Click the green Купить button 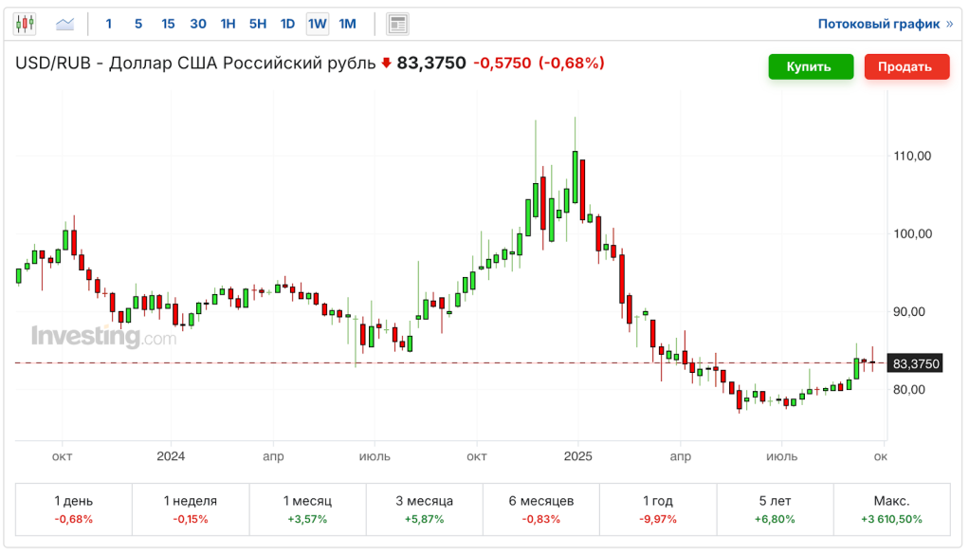pyautogui.click(x=808, y=66)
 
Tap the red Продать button pyautogui.click(x=905, y=66)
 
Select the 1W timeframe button pyautogui.click(x=318, y=24)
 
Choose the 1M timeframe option pyautogui.click(x=348, y=24)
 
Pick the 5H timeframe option pyautogui.click(x=258, y=24)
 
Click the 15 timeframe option pyautogui.click(x=168, y=24)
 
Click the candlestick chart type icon pyautogui.click(x=25, y=24)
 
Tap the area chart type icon pyautogui.click(x=65, y=24)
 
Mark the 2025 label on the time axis pyautogui.click(x=577, y=456)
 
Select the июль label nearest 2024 pyautogui.click(x=374, y=456)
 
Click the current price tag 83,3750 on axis pyautogui.click(x=915, y=363)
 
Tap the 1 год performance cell pyautogui.click(x=658, y=510)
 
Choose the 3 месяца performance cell pyautogui.click(x=424, y=510)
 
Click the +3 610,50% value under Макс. pyautogui.click(x=890, y=519)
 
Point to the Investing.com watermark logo pyautogui.click(x=103, y=337)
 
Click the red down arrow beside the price pyautogui.click(x=386, y=64)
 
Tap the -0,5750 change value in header pyautogui.click(x=502, y=64)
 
